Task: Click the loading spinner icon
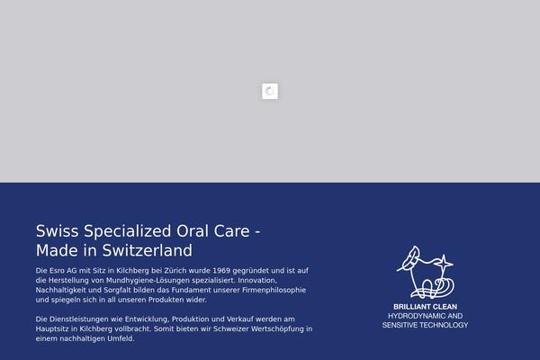tap(270, 91)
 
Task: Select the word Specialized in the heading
tap(128, 231)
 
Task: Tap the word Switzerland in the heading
tap(148, 250)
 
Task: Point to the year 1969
tap(221, 271)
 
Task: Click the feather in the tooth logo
tap(409, 257)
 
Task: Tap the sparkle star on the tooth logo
tap(444, 264)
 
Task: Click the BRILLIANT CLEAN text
tap(426, 307)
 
